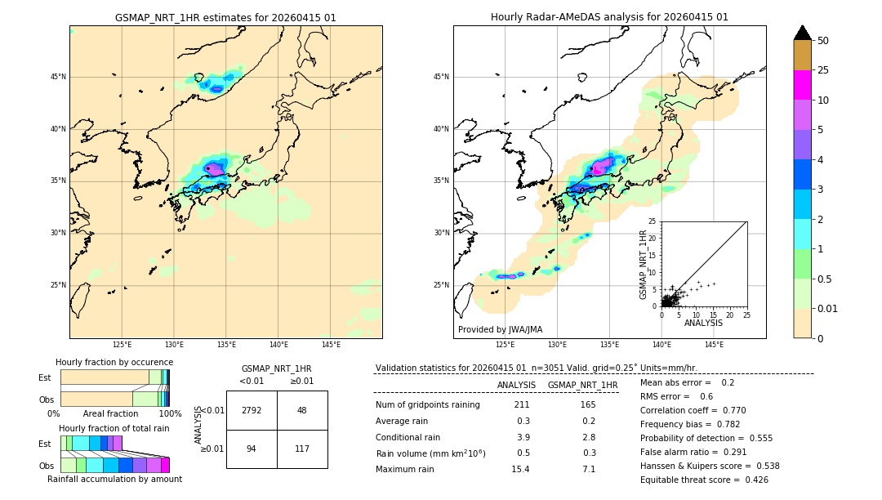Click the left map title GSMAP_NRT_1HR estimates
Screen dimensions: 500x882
coord(225,17)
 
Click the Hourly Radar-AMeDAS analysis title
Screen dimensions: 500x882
coord(609,17)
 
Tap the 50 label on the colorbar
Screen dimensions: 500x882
coord(823,41)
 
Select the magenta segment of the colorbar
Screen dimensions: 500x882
coord(802,85)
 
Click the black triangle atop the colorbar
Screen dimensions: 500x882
coord(802,33)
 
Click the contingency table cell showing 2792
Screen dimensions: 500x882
coord(252,410)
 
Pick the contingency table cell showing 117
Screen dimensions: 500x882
coord(302,449)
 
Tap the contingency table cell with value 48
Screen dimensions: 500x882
coord(302,410)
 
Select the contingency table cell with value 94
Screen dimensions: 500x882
coord(252,449)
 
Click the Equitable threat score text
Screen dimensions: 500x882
coord(704,480)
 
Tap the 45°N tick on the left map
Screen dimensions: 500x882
coord(58,77)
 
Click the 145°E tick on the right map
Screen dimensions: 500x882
coord(714,345)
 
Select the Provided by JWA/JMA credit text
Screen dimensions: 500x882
coord(500,329)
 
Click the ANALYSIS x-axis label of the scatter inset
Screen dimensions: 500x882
coord(703,323)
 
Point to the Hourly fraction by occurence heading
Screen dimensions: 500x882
coord(114,362)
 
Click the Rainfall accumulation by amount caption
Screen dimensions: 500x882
coord(114,479)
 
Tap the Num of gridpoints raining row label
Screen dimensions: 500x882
coord(427,405)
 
